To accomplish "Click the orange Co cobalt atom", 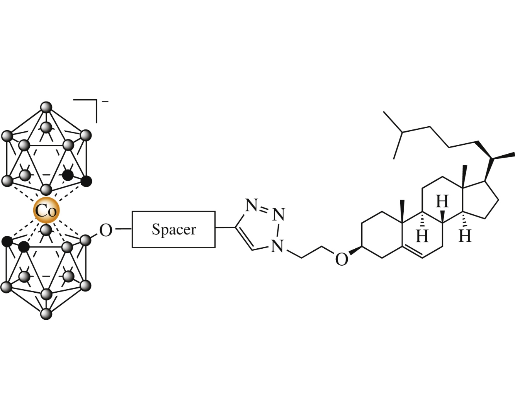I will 46,210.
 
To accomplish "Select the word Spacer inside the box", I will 174,229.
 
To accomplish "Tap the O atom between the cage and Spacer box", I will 105,230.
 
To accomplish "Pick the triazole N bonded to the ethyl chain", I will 277,246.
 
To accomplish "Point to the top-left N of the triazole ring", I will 252,205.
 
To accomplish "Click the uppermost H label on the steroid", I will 442,201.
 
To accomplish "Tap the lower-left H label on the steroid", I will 422,236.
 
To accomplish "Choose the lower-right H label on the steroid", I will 465,236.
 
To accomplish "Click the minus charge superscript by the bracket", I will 105,102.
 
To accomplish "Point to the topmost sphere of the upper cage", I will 46,107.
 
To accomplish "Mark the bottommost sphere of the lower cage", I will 46,314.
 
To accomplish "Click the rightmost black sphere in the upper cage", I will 86,181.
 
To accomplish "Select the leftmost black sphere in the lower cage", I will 7,242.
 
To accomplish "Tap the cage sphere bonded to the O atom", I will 86,240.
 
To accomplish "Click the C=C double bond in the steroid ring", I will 413,253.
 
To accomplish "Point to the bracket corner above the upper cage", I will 96,100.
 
